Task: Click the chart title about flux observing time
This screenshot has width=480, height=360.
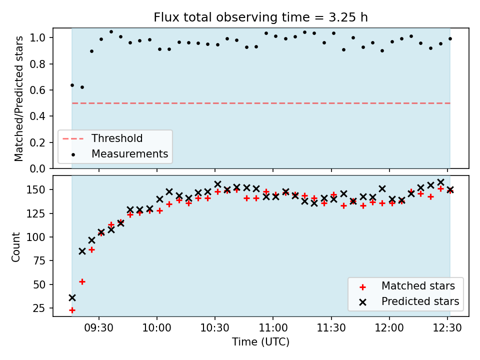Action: coord(260,17)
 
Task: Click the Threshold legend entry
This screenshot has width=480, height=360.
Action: coord(102,138)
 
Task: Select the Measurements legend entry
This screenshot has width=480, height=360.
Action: coord(119,153)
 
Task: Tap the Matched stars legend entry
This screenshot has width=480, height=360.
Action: coord(407,286)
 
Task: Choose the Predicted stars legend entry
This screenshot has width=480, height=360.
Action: coord(409,301)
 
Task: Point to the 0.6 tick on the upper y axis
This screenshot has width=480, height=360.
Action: coord(37,90)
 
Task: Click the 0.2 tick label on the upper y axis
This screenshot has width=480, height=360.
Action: coord(37,142)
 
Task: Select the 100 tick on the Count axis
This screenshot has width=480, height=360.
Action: coord(36,237)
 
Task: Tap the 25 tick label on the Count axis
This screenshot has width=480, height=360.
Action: coord(39,308)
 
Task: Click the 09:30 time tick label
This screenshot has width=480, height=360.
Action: coord(99,328)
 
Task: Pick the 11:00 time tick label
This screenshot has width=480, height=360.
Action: coord(273,328)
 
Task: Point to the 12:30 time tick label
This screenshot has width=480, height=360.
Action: coord(447,328)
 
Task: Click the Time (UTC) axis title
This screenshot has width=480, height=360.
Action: coord(260,341)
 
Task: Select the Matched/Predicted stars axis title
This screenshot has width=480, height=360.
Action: coord(18,98)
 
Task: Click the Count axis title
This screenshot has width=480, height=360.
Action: coord(15,246)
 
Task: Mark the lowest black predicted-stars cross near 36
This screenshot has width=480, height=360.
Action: coord(72,297)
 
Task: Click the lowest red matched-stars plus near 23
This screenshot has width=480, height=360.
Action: coord(72,310)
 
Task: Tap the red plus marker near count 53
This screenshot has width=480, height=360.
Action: coord(82,281)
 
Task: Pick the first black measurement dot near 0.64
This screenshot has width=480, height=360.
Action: coord(72,85)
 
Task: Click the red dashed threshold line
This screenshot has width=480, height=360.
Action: coord(261,103)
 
